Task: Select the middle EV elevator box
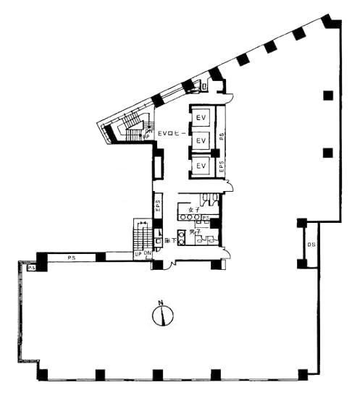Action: [202, 139]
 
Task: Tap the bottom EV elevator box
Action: [202, 166]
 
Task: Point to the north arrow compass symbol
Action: [163, 315]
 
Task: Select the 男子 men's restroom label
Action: [194, 232]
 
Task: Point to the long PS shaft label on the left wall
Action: [72, 257]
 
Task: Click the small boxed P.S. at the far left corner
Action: [32, 268]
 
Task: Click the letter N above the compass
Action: [163, 302]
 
